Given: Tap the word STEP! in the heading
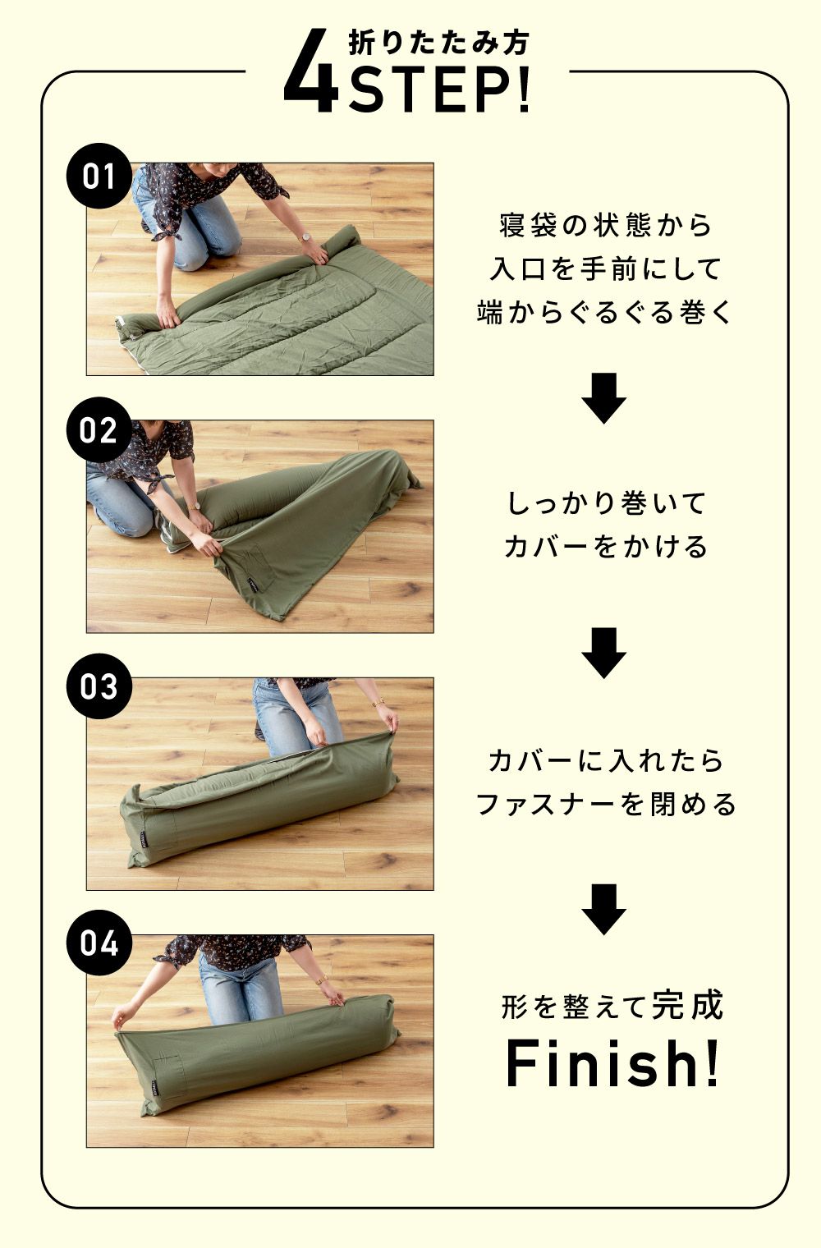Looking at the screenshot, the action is tap(439, 89).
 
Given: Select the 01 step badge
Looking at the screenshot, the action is tap(99, 176).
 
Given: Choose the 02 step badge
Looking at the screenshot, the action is tap(99, 430).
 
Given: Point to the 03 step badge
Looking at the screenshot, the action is tap(99, 686).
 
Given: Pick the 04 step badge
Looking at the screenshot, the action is tap(99, 943).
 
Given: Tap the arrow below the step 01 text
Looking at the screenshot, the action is tap(603, 397).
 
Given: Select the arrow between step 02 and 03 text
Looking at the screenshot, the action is tap(603, 653).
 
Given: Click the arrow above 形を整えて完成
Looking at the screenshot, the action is tap(603, 909).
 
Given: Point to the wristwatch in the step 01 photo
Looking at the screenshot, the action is tap(305, 237).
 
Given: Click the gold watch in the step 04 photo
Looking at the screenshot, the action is tap(322, 980).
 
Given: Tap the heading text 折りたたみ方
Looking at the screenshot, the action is tap(439, 44).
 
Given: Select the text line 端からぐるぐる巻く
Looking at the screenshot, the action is tap(604, 313).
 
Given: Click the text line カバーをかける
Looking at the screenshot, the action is tap(605, 547).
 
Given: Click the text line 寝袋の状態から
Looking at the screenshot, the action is tap(605, 226).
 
